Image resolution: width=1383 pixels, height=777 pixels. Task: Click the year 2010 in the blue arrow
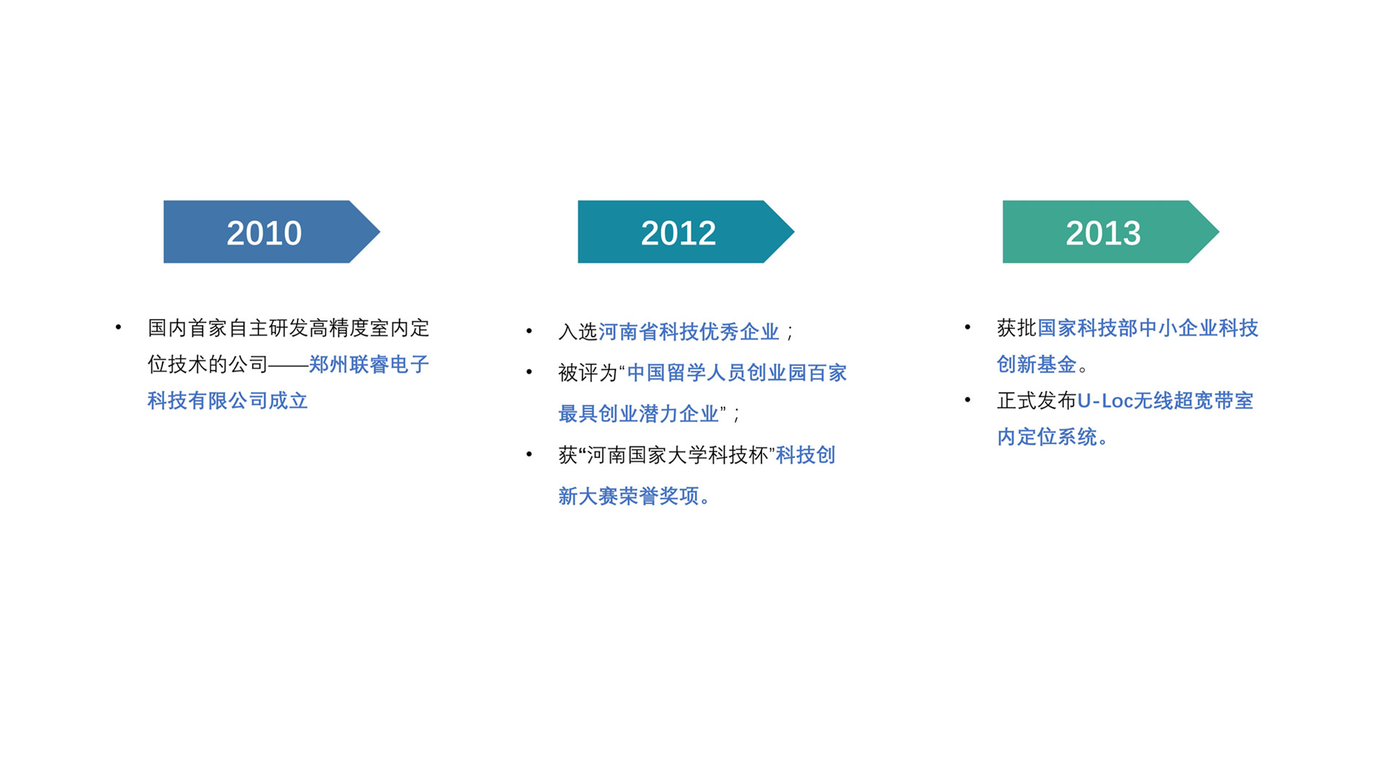click(x=264, y=233)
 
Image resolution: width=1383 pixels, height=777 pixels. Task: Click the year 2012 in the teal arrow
click(x=679, y=233)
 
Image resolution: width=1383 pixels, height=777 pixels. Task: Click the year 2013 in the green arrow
click(x=1103, y=233)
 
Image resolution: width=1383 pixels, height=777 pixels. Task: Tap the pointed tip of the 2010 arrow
click(x=380, y=232)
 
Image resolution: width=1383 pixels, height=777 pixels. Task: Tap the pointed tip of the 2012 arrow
click(x=794, y=232)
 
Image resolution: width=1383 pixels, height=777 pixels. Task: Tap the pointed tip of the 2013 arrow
click(x=1219, y=232)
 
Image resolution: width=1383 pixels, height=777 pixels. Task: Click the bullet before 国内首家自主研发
click(x=118, y=328)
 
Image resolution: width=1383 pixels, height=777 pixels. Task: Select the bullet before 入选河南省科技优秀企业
click(x=529, y=331)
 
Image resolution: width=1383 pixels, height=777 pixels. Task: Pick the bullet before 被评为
click(x=529, y=372)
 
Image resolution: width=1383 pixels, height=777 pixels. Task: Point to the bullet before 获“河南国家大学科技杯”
click(x=529, y=454)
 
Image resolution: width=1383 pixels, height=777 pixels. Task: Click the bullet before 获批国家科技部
click(x=967, y=328)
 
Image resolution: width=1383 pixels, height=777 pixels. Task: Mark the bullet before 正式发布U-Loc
click(x=967, y=400)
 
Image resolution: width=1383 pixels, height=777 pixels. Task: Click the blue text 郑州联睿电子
click(x=369, y=364)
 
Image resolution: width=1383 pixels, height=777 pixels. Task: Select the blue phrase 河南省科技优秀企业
click(x=689, y=331)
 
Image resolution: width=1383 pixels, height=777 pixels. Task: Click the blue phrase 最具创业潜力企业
click(x=638, y=413)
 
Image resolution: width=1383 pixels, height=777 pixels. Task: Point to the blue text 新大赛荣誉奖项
click(x=629, y=495)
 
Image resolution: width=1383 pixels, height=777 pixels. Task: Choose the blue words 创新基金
click(x=1037, y=364)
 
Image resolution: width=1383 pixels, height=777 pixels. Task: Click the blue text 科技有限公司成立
click(x=228, y=400)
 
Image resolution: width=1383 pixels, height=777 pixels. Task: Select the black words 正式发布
click(x=1037, y=400)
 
